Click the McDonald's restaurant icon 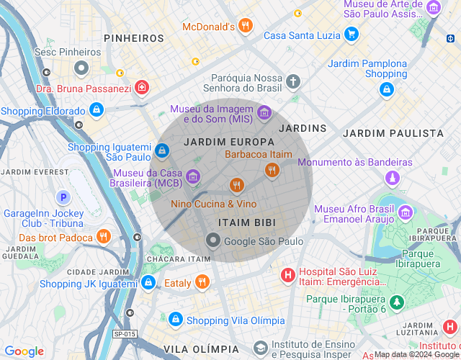pos(246,26)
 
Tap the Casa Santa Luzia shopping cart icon pos(351,34)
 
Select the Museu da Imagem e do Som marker pos(264,112)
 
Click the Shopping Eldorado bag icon pos(97,110)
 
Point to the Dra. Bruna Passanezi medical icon pos(142,88)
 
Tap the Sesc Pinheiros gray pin pos(81,68)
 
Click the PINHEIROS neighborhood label pos(134,37)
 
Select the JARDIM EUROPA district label pos(229,142)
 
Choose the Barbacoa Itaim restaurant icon pos(272,170)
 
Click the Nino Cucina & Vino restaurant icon pos(236,186)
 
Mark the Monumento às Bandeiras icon pos(392,177)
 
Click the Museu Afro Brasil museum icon pos(405,212)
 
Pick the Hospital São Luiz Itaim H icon pos(287,274)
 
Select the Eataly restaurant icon pos(202,282)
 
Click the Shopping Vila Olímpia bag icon pos(175,319)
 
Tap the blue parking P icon pos(63,197)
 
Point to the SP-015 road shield pos(125,333)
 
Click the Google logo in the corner pos(24,351)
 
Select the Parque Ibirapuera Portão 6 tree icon pos(395,302)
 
